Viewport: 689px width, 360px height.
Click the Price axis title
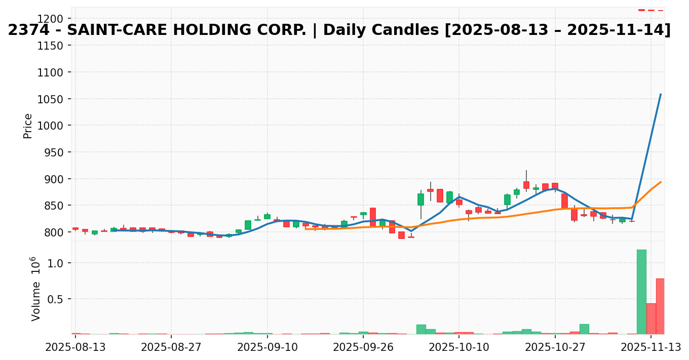point(28,126)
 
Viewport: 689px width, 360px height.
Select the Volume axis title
point(36,288)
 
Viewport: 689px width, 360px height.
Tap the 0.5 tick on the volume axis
point(57,299)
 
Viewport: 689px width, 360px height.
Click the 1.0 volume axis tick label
point(57,263)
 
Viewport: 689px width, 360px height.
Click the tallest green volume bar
point(641,292)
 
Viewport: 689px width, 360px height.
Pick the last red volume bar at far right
point(660,306)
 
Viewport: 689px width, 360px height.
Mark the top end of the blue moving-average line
point(661,94)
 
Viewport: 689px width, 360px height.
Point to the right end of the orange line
point(661,182)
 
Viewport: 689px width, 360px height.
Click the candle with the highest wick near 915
point(526,185)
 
